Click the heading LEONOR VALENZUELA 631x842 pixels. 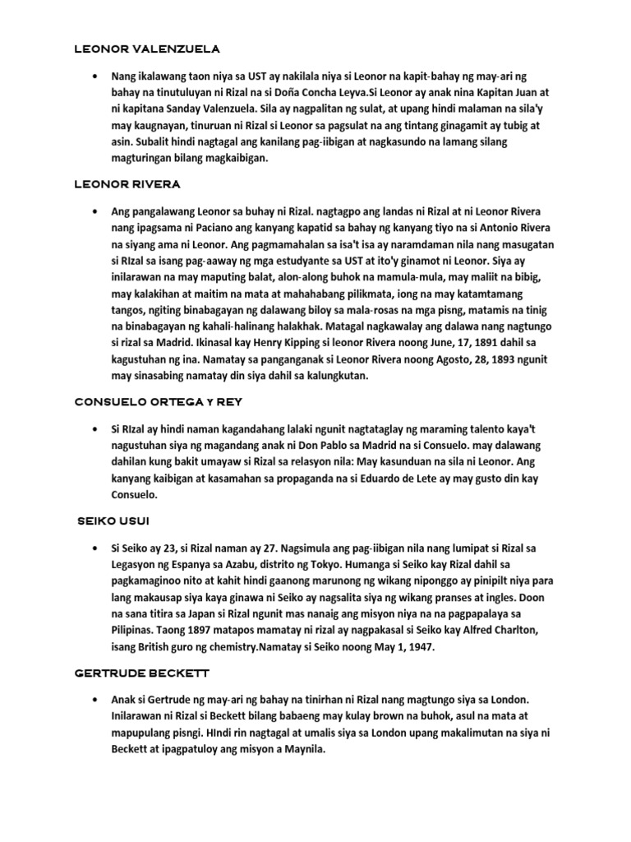coord(147,49)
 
